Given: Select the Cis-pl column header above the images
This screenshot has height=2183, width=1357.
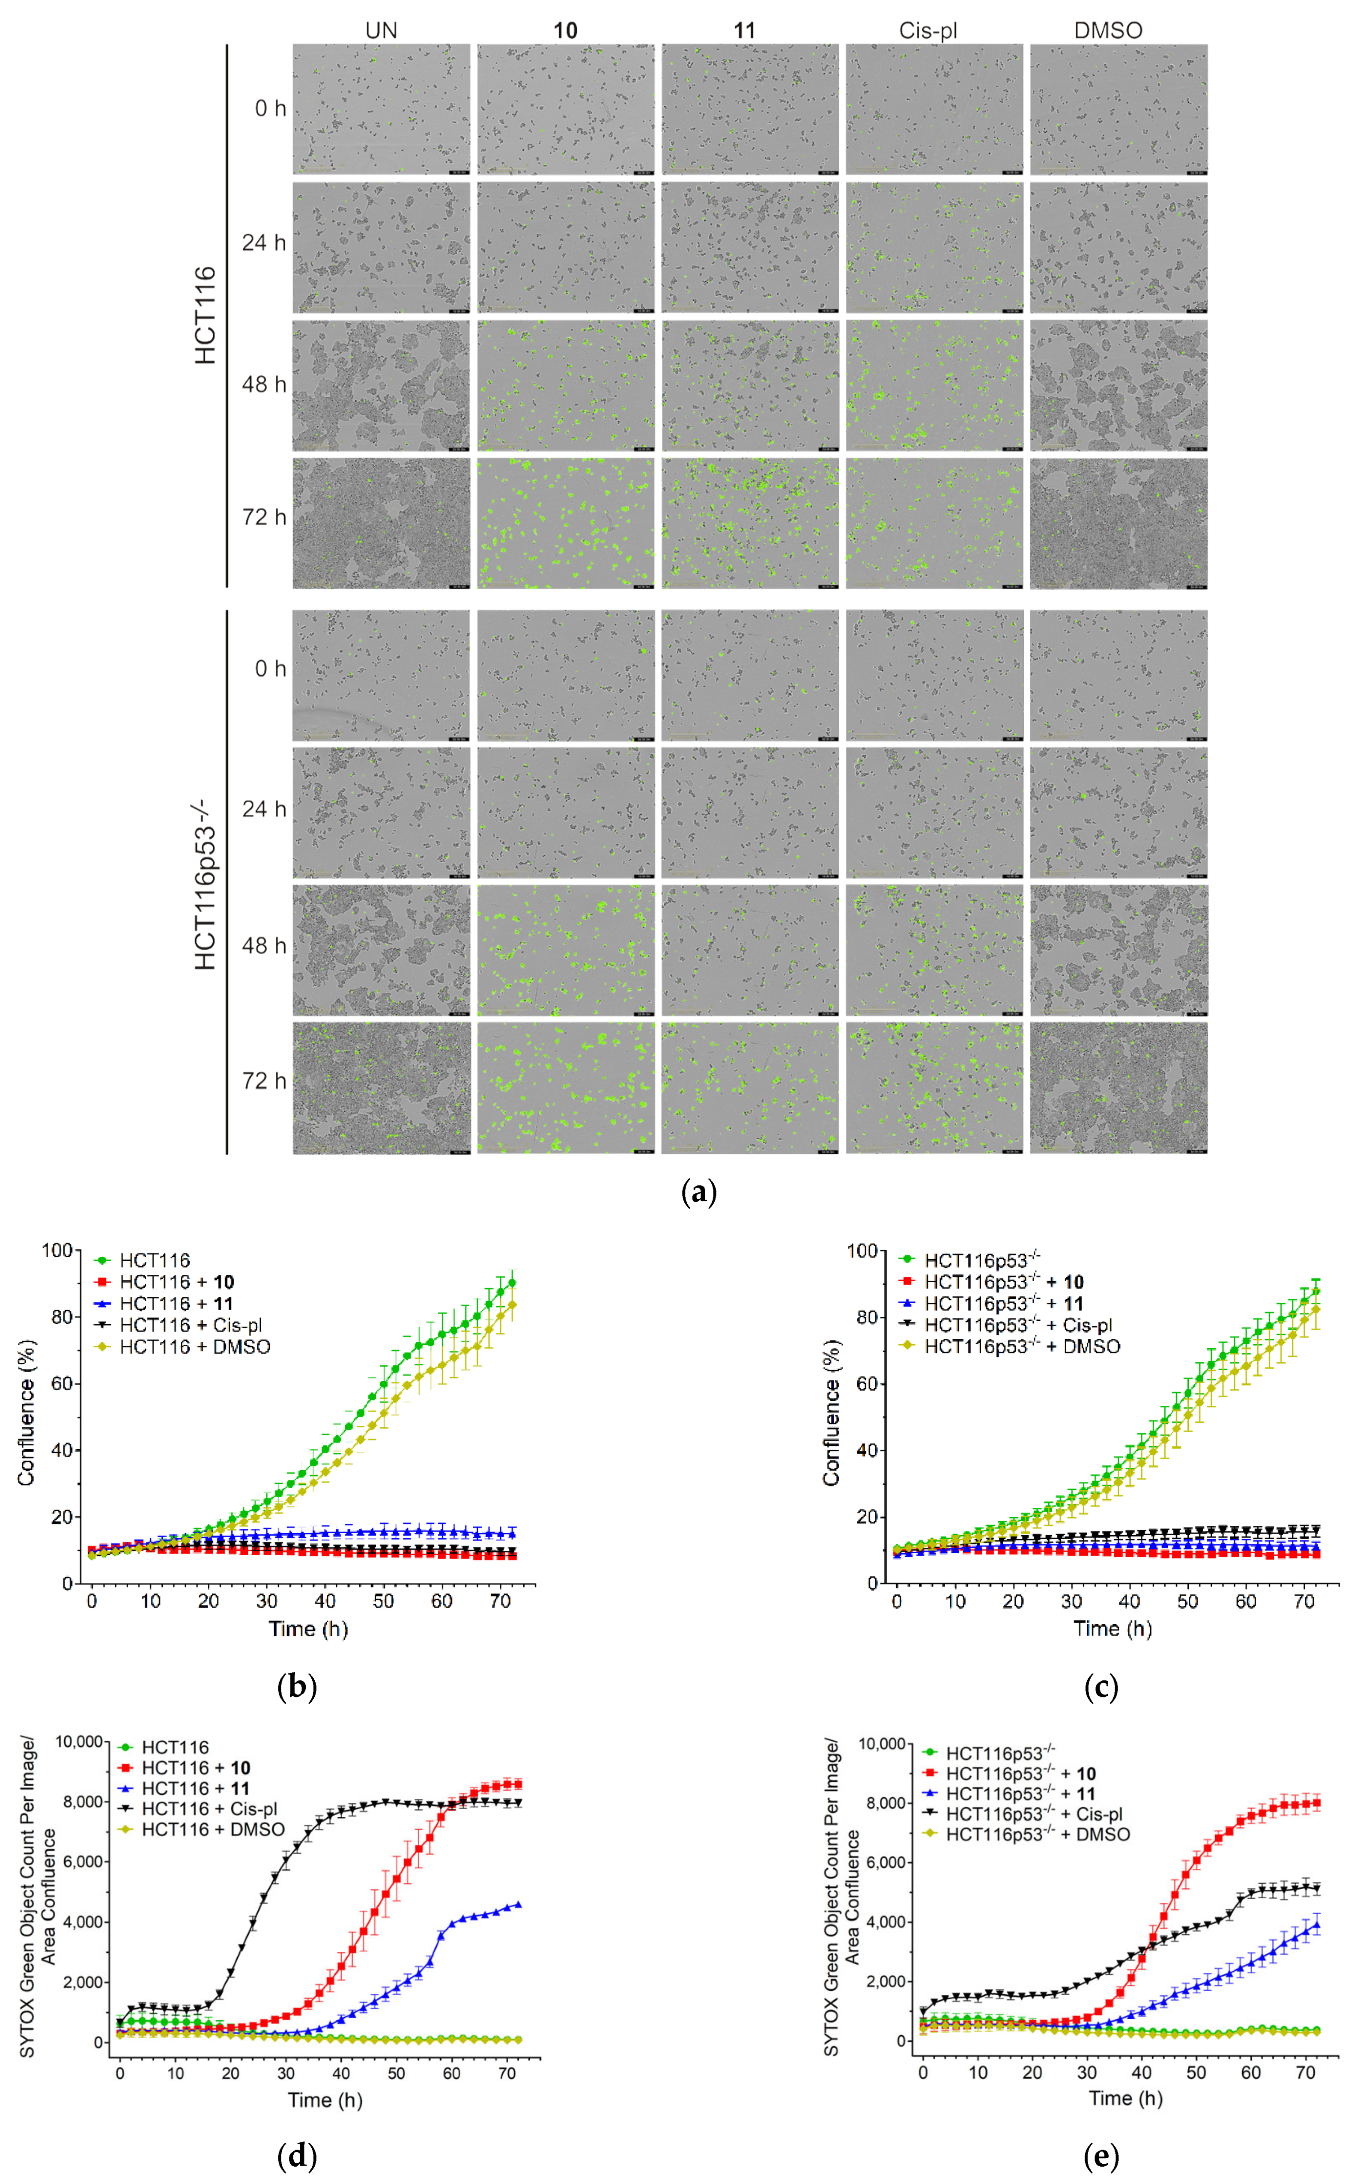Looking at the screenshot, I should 928,30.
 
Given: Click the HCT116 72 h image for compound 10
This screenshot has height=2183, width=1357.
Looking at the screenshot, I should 565,523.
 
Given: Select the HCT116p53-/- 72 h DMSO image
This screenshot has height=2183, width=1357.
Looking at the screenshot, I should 1118,1087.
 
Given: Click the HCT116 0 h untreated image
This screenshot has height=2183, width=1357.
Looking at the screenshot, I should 381,109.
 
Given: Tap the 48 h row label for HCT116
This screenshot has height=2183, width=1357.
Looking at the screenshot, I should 263,384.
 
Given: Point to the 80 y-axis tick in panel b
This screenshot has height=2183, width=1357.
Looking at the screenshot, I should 61,1317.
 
